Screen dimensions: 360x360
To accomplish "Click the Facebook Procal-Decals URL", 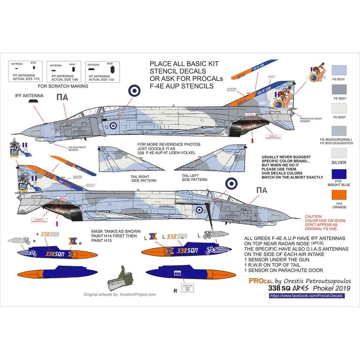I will click(x=307, y=295).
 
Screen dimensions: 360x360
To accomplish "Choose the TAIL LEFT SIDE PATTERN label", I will click(x=195, y=177).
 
